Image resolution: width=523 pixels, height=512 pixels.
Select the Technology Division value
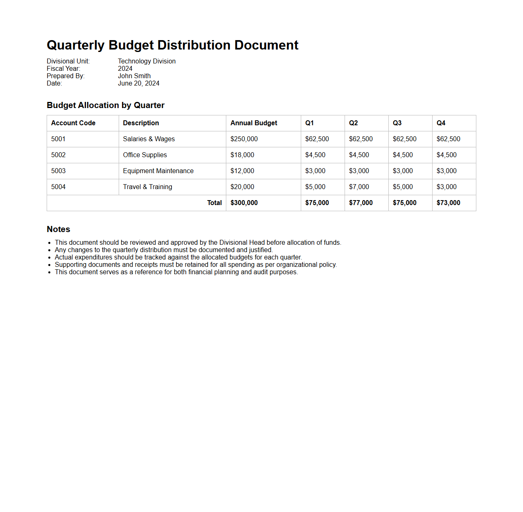coord(147,61)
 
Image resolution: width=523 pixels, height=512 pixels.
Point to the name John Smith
coord(134,76)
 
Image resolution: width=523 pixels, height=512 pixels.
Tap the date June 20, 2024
coord(138,83)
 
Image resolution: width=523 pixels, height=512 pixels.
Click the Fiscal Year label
coord(63,69)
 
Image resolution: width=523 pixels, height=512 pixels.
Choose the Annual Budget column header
coord(254,123)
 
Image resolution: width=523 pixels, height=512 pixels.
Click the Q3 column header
coord(397,123)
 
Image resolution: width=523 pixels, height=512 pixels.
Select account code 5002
coord(59,155)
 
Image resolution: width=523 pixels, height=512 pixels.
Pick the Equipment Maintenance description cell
coord(158,171)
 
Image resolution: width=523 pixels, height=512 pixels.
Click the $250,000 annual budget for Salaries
coord(244,139)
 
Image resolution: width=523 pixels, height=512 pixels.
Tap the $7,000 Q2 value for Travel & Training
coord(359,187)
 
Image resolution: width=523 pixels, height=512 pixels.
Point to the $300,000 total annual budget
coord(244,203)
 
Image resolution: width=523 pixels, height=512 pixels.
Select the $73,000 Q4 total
coord(448,203)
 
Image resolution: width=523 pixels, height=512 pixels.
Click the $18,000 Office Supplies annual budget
coord(242,155)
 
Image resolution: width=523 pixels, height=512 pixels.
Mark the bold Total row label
coord(214,203)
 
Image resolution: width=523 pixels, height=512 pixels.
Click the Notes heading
coord(59,229)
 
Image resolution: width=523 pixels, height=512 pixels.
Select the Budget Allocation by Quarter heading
coord(106,105)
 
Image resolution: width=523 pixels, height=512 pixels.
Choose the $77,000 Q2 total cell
coord(361,203)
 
